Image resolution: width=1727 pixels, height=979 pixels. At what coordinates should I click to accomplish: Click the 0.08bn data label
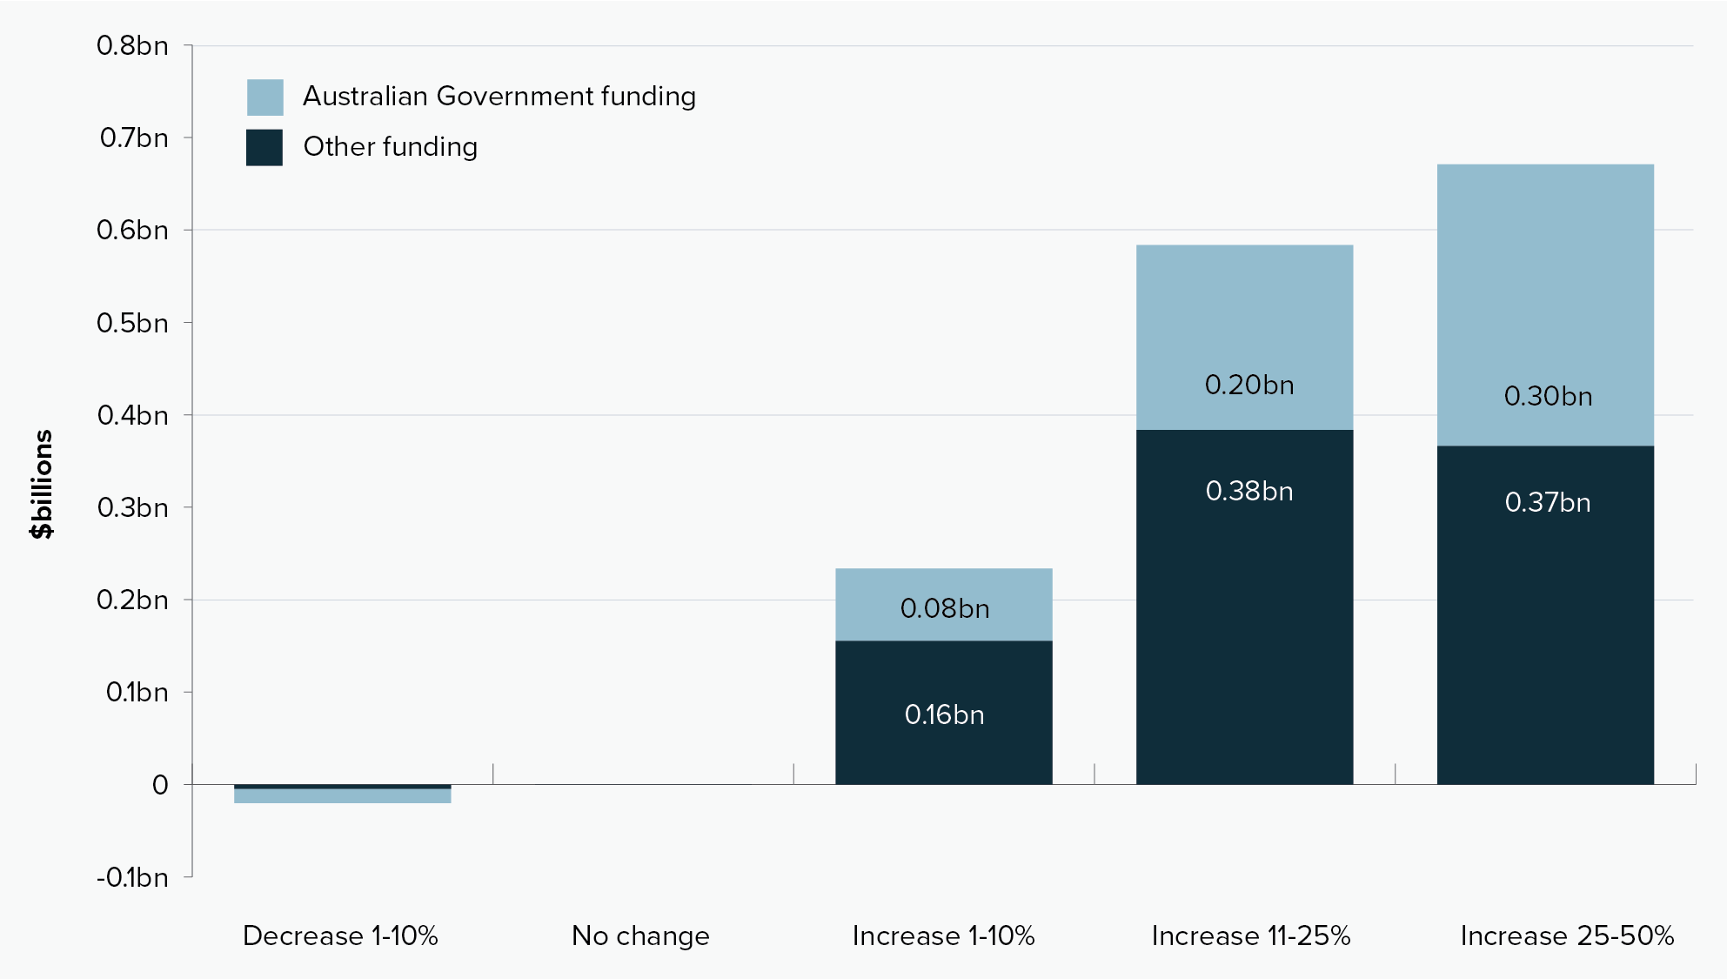click(x=944, y=608)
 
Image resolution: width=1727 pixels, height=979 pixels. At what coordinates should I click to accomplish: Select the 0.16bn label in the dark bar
click(x=944, y=714)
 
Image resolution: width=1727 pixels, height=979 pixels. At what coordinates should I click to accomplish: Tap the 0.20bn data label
click(x=1248, y=385)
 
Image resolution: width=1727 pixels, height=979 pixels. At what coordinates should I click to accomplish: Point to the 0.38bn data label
click(x=1248, y=491)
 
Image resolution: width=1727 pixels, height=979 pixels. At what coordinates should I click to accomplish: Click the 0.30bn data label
click(x=1548, y=396)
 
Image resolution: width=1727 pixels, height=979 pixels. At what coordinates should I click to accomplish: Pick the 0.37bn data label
click(x=1548, y=502)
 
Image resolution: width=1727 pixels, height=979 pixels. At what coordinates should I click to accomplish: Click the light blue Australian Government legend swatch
click(x=264, y=97)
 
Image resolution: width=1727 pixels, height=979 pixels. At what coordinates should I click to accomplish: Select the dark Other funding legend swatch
click(x=264, y=147)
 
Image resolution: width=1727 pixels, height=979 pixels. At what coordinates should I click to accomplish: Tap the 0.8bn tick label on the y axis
click(x=132, y=45)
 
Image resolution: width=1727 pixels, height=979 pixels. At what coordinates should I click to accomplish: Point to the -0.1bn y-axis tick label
click(x=132, y=877)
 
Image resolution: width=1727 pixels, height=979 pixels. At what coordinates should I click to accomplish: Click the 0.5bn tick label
click(x=132, y=323)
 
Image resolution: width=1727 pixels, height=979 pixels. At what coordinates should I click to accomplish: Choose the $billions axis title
click(x=41, y=484)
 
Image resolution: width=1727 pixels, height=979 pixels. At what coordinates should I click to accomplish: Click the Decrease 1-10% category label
click(x=340, y=935)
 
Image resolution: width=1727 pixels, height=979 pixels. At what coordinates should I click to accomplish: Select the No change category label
click(x=640, y=935)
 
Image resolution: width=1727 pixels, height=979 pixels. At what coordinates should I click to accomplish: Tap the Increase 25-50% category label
click(x=1566, y=935)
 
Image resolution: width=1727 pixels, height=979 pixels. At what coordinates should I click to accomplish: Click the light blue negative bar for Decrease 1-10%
click(x=342, y=796)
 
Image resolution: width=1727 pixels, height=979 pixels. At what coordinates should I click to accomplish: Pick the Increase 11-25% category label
click(x=1250, y=935)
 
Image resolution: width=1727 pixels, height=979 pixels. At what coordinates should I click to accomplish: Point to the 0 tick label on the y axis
click(x=160, y=785)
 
